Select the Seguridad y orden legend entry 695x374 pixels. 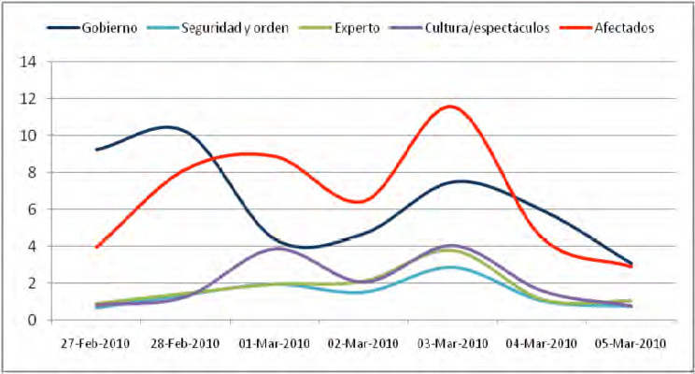(230, 27)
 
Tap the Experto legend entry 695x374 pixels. (361, 27)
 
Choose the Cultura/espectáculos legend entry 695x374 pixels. (481, 27)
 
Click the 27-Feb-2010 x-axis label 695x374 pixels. (94, 342)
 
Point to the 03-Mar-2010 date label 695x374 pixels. (451, 342)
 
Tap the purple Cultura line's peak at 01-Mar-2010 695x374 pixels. (277, 248)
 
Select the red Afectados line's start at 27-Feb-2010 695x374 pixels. (96, 247)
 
